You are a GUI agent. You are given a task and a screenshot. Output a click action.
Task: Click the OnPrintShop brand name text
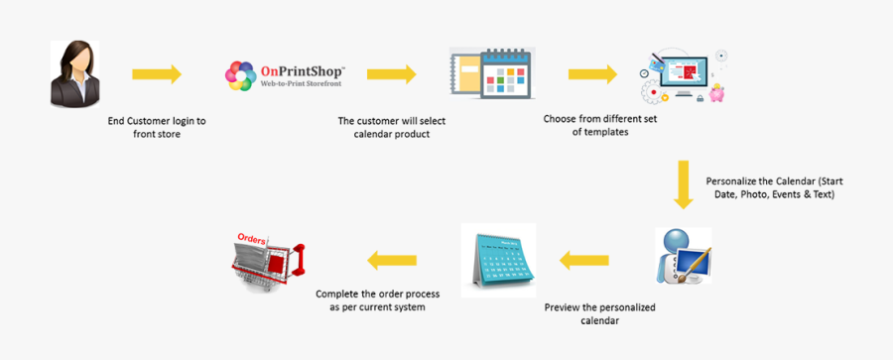click(302, 71)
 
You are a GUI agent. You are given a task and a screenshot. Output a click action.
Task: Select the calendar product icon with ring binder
click(493, 72)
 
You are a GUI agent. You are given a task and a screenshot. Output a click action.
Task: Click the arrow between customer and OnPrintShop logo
click(157, 73)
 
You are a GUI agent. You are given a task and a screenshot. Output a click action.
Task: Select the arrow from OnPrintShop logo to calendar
click(391, 73)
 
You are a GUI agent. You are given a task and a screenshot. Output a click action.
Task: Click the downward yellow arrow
click(683, 183)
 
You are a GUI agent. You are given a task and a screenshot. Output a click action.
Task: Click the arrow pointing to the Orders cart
click(393, 261)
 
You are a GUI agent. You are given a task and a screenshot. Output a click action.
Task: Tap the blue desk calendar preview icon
click(498, 260)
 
